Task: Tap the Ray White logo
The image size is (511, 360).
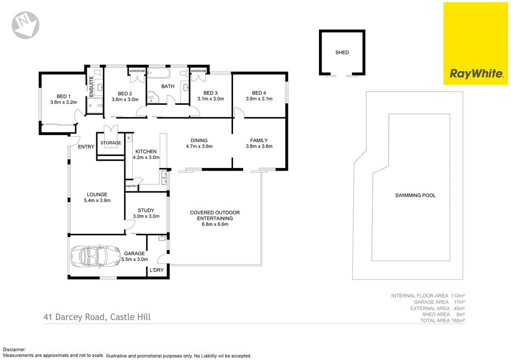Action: (476, 43)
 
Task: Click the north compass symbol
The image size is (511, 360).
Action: (25, 25)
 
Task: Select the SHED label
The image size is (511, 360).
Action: (342, 52)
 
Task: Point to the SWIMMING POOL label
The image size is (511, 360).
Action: (415, 195)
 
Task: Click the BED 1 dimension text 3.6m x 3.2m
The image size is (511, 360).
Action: (63, 102)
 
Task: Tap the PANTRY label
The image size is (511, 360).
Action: (131, 186)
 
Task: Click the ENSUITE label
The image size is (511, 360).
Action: (91, 86)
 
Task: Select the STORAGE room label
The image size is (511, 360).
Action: (111, 143)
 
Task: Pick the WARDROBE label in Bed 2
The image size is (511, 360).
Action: (137, 71)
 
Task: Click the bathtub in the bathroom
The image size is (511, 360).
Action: (158, 73)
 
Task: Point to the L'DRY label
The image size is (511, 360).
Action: (156, 270)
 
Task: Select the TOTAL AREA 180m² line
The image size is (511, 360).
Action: (442, 321)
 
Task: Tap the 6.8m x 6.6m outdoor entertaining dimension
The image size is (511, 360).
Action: (215, 224)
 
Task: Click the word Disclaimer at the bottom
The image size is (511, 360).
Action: (13, 350)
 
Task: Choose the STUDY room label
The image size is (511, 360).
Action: (146, 210)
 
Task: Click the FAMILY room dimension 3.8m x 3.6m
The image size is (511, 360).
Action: (259, 146)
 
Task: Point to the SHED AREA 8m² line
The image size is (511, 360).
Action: (443, 315)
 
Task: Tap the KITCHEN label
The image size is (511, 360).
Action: (146, 152)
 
